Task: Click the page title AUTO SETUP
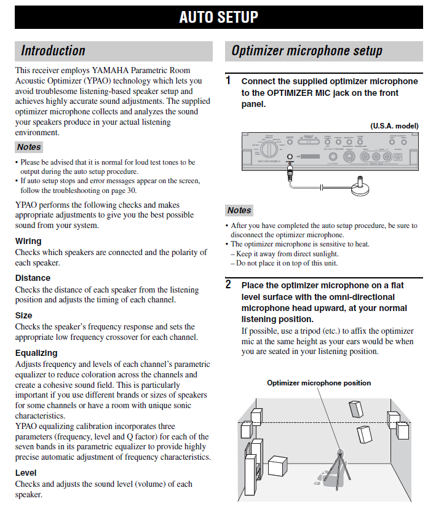click(218, 17)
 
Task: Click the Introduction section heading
click(53, 51)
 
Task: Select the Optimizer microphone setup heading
click(306, 51)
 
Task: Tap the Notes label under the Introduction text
click(29, 147)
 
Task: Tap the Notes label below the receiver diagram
click(239, 210)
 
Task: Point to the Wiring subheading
click(28, 241)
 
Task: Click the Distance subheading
click(33, 278)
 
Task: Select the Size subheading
click(24, 315)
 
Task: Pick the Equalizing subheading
click(36, 353)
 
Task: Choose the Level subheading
click(26, 473)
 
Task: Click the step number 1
click(228, 81)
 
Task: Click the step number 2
click(228, 285)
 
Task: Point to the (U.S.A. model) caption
click(394, 126)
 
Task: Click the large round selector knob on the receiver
click(268, 149)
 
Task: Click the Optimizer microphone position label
click(319, 383)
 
